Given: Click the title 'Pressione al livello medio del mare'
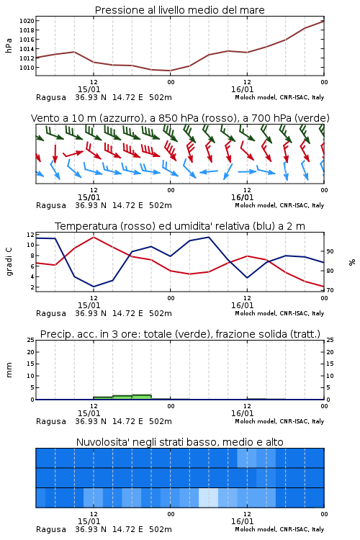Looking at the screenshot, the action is click(x=179, y=10).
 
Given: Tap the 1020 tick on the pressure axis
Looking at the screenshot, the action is click(x=27, y=21).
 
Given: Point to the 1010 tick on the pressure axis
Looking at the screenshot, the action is click(x=27, y=68).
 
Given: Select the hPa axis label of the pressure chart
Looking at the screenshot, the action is click(x=9, y=45).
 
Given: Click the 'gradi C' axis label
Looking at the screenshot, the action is click(x=9, y=261).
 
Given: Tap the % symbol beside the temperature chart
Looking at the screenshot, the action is click(x=352, y=262).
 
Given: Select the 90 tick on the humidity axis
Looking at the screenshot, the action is click(x=330, y=251).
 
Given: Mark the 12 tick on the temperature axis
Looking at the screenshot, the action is click(x=30, y=235).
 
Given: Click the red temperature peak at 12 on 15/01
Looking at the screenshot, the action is click(x=94, y=237).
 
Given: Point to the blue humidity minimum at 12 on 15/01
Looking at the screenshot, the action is click(x=94, y=287).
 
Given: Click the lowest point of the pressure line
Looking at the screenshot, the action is click(x=170, y=71).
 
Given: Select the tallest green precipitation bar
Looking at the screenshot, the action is click(x=142, y=397).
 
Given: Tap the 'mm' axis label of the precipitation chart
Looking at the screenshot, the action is click(x=9, y=370).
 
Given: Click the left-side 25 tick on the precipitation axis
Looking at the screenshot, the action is click(x=30, y=340).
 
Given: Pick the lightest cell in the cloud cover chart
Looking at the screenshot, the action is click(x=208, y=498).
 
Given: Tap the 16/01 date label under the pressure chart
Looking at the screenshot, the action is click(x=242, y=89).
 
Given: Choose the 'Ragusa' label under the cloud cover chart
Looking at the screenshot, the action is click(x=51, y=530).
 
